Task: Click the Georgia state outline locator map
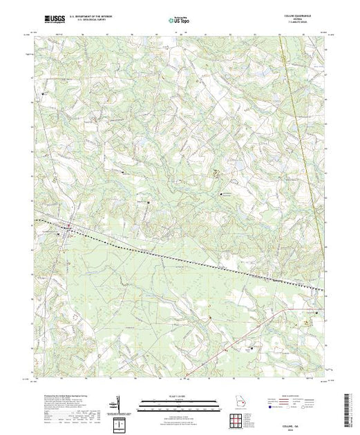(238, 403)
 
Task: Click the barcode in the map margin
(350, 407)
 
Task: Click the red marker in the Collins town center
(68, 226)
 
